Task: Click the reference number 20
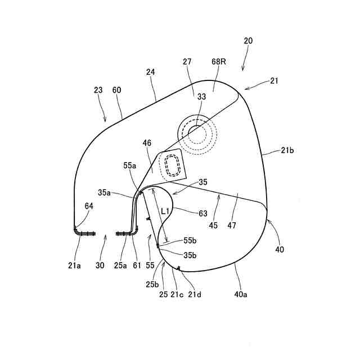pyautogui.click(x=249, y=40)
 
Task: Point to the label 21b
pyautogui.click(x=288, y=151)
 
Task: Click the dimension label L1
pyautogui.click(x=165, y=212)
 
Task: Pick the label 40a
pyautogui.click(x=240, y=293)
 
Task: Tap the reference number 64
pyautogui.click(x=89, y=206)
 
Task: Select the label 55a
pyautogui.click(x=129, y=165)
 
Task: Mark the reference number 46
pyautogui.click(x=147, y=144)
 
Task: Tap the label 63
pyautogui.click(x=203, y=213)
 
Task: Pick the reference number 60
pyautogui.click(x=116, y=89)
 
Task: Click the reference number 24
pyautogui.click(x=150, y=72)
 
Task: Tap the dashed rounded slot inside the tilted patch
pyautogui.click(x=171, y=166)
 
